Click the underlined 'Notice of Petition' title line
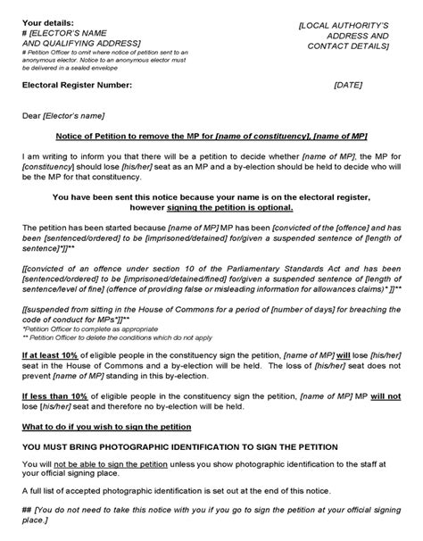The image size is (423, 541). pos(210,136)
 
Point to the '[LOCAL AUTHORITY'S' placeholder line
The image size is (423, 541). pos(345,26)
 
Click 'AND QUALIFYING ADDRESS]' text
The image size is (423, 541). pos(80,42)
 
